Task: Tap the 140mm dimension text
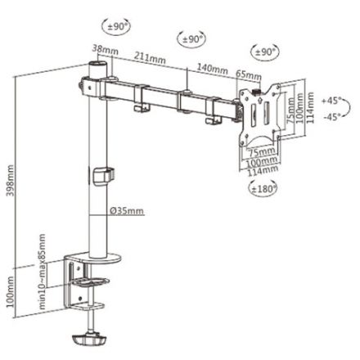click(214, 68)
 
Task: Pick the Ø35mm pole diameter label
click(127, 210)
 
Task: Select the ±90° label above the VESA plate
click(264, 52)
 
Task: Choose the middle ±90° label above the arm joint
click(191, 38)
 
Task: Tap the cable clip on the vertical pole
click(102, 174)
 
